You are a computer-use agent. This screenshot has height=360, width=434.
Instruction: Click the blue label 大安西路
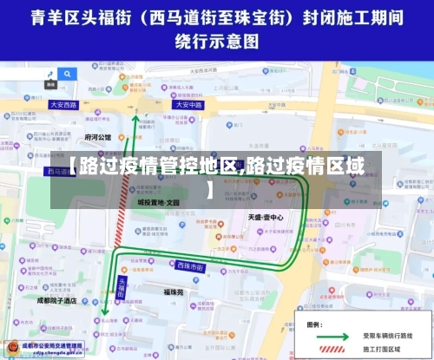(63, 104)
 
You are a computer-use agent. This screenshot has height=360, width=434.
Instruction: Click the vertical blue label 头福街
(122, 287)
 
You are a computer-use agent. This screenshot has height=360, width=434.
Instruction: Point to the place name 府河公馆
(98, 137)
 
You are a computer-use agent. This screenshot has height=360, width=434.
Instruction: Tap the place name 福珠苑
(174, 292)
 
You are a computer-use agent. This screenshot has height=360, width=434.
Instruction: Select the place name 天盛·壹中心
(265, 217)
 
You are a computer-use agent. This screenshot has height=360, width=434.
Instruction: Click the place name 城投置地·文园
(157, 201)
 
